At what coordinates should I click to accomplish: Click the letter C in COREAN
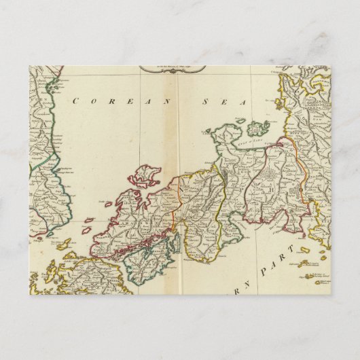click(x=75, y=102)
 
